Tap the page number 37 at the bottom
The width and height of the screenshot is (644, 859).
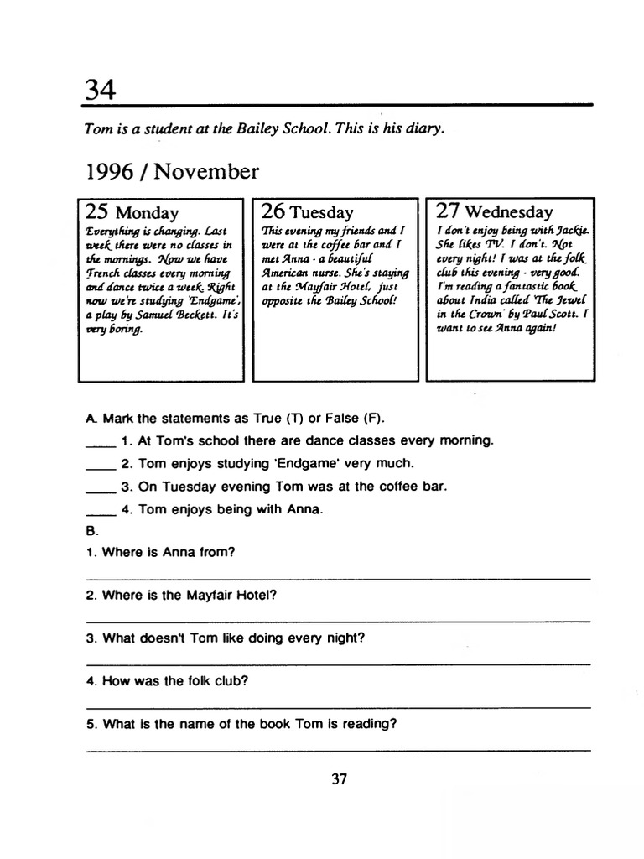click(x=339, y=778)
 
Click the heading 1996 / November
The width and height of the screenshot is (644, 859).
click(x=172, y=172)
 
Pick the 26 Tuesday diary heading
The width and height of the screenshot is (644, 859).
click(x=307, y=212)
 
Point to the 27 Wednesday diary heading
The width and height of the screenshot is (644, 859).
click(x=495, y=212)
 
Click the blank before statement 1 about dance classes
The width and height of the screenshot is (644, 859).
click(x=99, y=444)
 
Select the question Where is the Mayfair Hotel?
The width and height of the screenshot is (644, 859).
click(x=189, y=595)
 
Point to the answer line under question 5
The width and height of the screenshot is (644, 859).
click(x=339, y=749)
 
